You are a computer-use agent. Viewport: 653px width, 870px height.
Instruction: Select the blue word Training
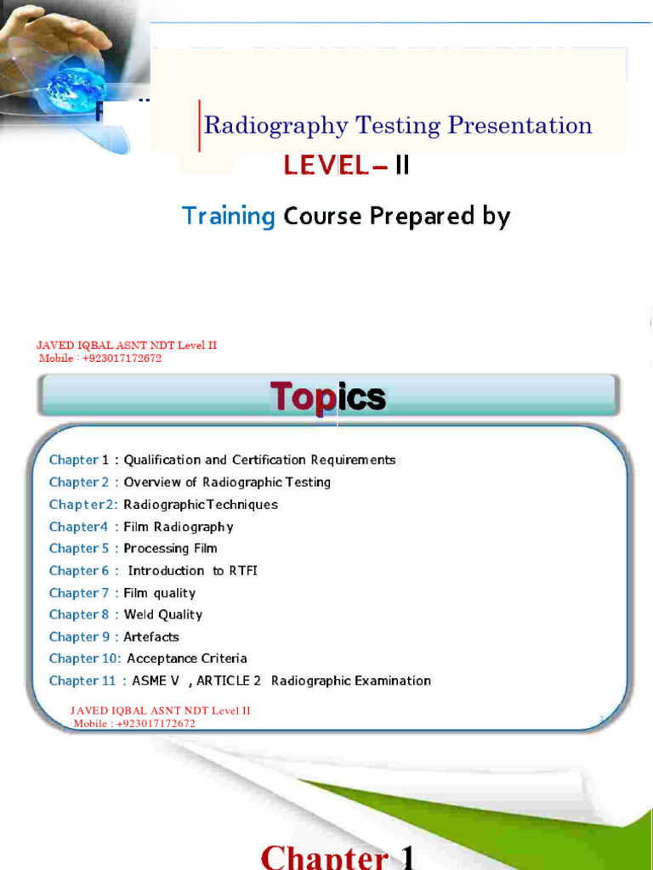(x=228, y=217)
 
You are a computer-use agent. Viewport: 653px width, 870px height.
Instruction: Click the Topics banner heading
(x=328, y=397)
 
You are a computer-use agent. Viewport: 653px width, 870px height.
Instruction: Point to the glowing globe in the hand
(x=74, y=88)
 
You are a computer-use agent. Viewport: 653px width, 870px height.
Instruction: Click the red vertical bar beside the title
(x=200, y=126)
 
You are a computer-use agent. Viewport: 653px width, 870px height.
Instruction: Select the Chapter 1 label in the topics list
(x=79, y=460)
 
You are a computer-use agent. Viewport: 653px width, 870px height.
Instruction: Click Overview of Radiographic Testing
(x=227, y=482)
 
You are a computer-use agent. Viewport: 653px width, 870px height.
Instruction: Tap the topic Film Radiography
(x=179, y=527)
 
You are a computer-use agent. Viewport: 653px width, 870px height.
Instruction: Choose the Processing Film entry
(x=170, y=548)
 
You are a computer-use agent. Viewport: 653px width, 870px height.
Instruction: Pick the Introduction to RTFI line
(x=192, y=571)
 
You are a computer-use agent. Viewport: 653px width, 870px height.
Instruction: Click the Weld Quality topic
(x=163, y=614)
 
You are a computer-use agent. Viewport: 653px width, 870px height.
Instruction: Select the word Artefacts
(x=151, y=636)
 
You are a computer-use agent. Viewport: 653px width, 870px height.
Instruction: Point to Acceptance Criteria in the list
(x=187, y=658)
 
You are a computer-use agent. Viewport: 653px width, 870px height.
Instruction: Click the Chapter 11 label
(x=82, y=681)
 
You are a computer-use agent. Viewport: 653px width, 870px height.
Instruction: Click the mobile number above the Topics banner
(x=100, y=359)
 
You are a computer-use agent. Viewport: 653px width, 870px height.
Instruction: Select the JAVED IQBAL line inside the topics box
(x=160, y=711)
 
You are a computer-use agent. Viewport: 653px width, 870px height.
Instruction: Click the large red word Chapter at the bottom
(x=324, y=856)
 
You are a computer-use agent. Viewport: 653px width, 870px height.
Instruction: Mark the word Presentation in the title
(x=520, y=127)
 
